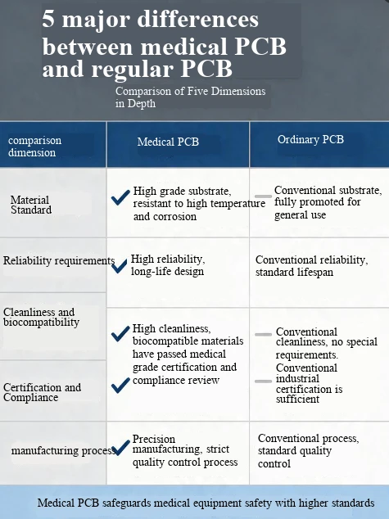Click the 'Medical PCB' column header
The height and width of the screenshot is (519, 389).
(x=168, y=142)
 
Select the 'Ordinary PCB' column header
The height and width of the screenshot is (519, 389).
(x=310, y=139)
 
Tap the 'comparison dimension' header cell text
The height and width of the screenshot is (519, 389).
(x=34, y=147)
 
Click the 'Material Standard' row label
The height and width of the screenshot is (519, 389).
(x=31, y=205)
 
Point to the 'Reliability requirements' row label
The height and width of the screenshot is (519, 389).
(x=59, y=260)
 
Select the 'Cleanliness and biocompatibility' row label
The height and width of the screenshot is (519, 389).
(x=41, y=317)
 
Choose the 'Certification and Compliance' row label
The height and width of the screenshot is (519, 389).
(x=42, y=392)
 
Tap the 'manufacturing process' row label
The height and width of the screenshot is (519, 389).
(x=63, y=450)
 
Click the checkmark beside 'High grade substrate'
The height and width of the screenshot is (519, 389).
(x=120, y=197)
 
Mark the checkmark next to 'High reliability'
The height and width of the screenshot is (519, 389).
(x=120, y=266)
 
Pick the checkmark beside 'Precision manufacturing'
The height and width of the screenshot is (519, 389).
(x=121, y=448)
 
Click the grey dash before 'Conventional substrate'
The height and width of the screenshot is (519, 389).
(x=263, y=196)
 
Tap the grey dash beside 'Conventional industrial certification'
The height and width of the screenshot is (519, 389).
(x=263, y=381)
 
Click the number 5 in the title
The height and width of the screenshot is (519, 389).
(x=48, y=19)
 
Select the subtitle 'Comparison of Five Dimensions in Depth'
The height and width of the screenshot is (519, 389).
(x=190, y=97)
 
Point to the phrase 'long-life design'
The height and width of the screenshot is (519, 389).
(x=167, y=272)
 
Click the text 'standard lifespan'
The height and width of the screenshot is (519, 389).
(x=294, y=273)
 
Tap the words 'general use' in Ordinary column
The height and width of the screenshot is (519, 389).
(x=300, y=215)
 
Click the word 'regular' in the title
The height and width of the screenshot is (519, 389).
(x=132, y=70)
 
